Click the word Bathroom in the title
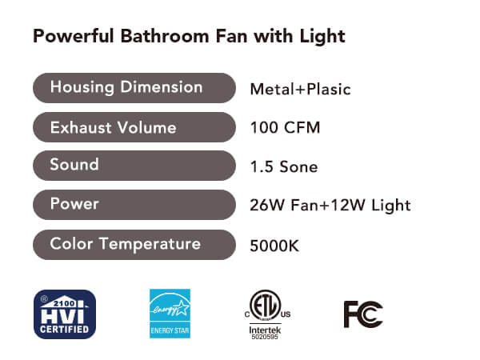[166, 36]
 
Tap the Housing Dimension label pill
[134, 88]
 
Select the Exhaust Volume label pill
[134, 127]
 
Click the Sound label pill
[134, 166]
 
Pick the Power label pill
[134, 205]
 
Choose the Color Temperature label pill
[134, 245]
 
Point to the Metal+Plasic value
[300, 90]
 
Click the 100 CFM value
[285, 128]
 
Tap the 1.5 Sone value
[284, 167]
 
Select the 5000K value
[274, 246]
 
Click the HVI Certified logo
[65, 314]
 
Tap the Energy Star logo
[170, 314]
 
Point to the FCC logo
[363, 314]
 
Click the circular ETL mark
[265, 306]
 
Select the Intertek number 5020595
[265, 337]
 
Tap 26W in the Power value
[267, 205]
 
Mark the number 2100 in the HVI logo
[64, 303]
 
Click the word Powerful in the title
[74, 36]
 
